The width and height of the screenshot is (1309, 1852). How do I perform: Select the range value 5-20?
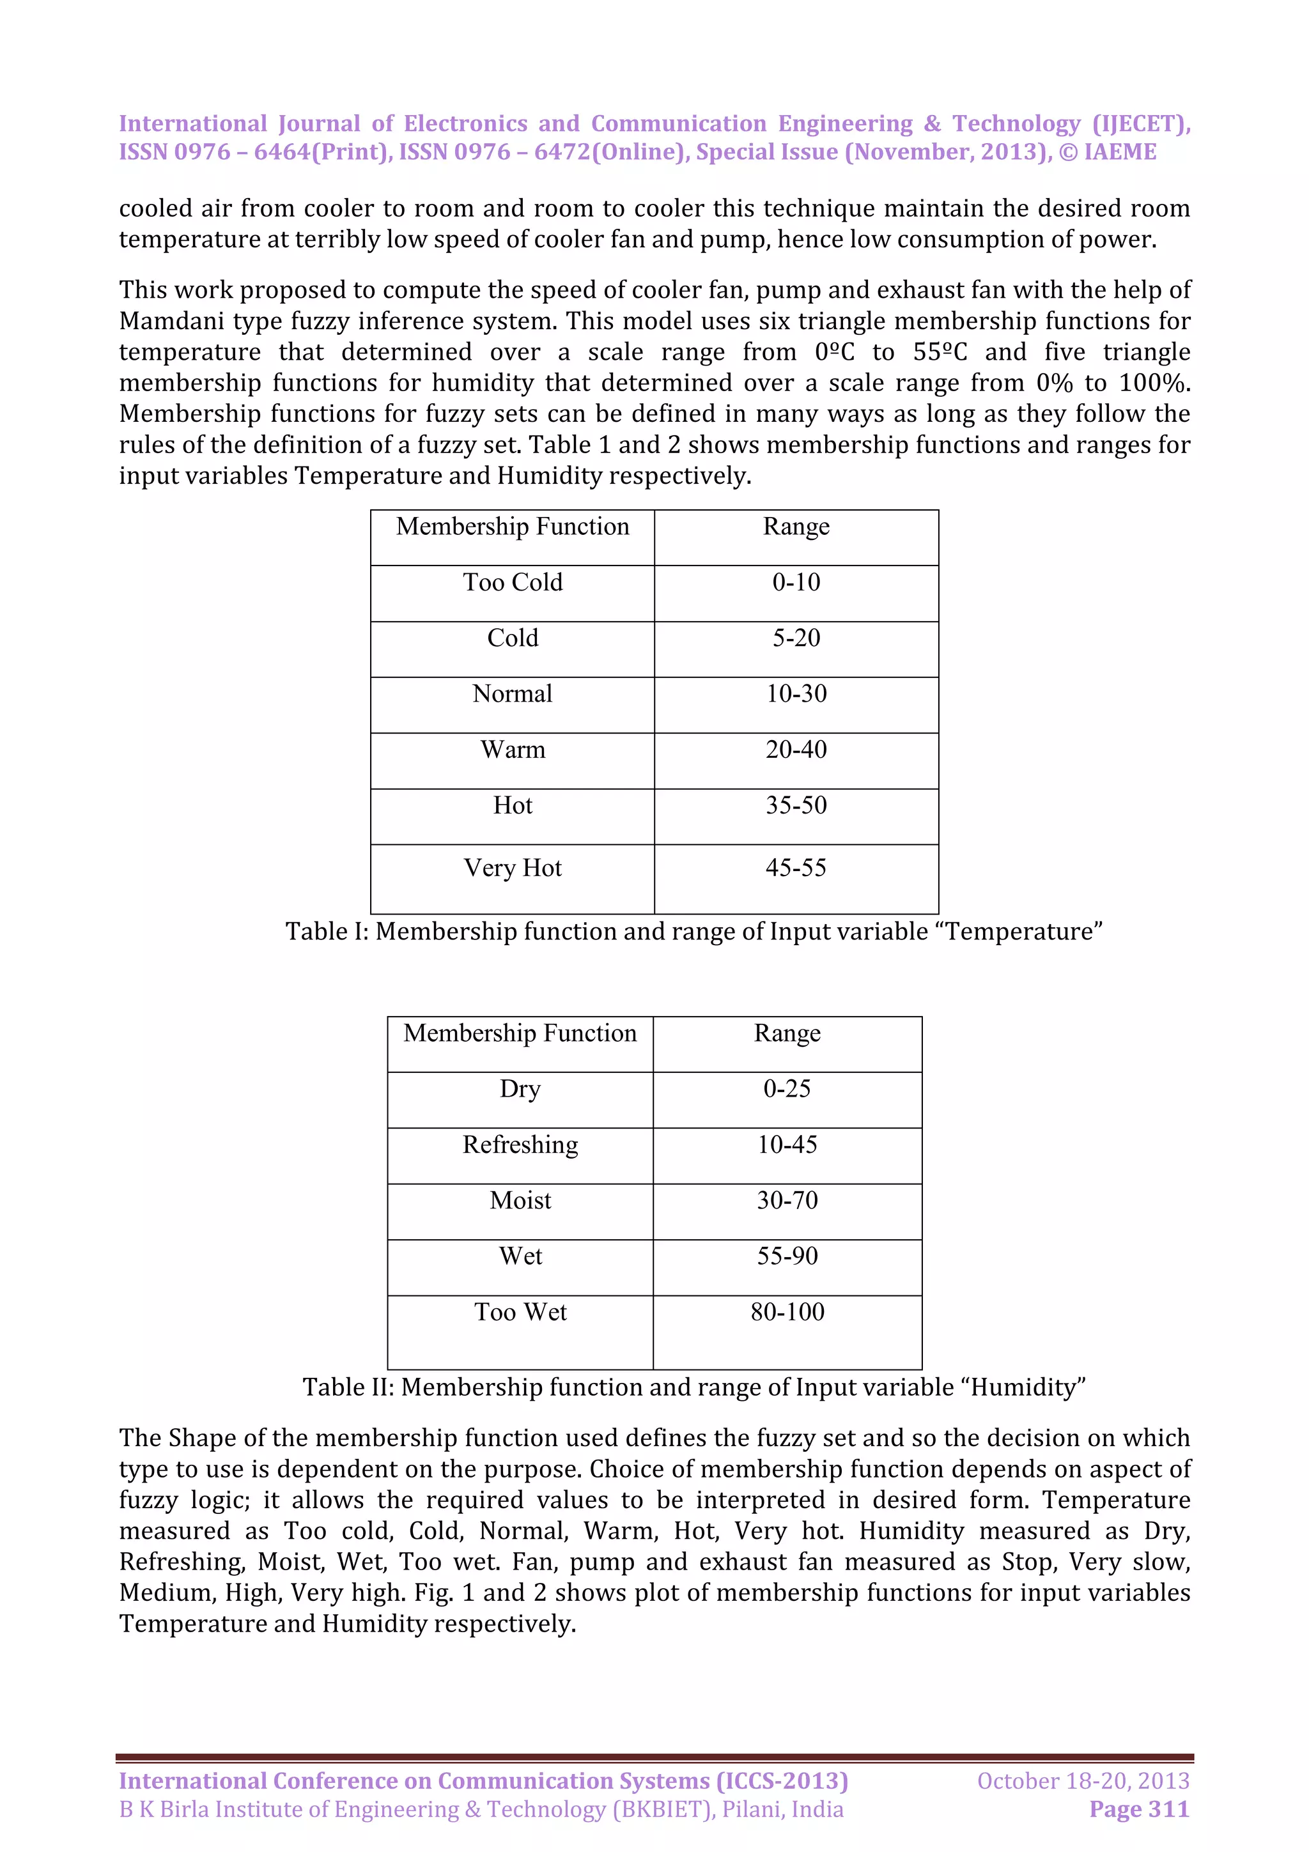click(x=795, y=638)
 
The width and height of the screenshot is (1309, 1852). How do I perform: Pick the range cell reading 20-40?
click(x=795, y=750)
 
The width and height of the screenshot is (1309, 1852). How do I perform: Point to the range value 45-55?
click(x=795, y=868)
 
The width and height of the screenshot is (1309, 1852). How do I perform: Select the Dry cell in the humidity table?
click(x=520, y=1089)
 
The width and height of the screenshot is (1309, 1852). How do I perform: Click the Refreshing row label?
click(x=520, y=1145)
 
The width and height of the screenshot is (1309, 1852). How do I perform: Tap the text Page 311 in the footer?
click(x=1139, y=1809)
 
